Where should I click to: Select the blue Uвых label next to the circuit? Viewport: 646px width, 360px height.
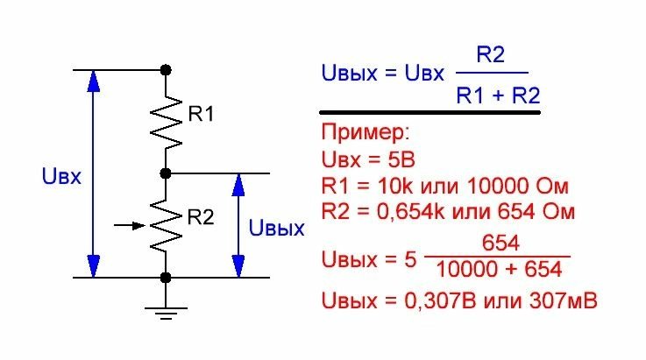pyautogui.click(x=277, y=229)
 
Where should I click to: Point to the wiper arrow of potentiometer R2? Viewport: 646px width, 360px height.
pyautogui.click(x=130, y=225)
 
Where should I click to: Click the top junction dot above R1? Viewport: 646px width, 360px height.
pyautogui.click(x=166, y=68)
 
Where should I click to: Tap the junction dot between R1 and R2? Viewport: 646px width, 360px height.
pyautogui.click(x=166, y=173)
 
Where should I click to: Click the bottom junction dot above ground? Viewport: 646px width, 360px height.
pyautogui.click(x=166, y=278)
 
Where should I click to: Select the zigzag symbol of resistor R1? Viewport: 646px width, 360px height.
pyautogui.click(x=167, y=120)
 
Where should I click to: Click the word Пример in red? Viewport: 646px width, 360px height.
pyautogui.click(x=366, y=135)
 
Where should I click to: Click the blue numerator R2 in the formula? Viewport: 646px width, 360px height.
pyautogui.click(x=490, y=55)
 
